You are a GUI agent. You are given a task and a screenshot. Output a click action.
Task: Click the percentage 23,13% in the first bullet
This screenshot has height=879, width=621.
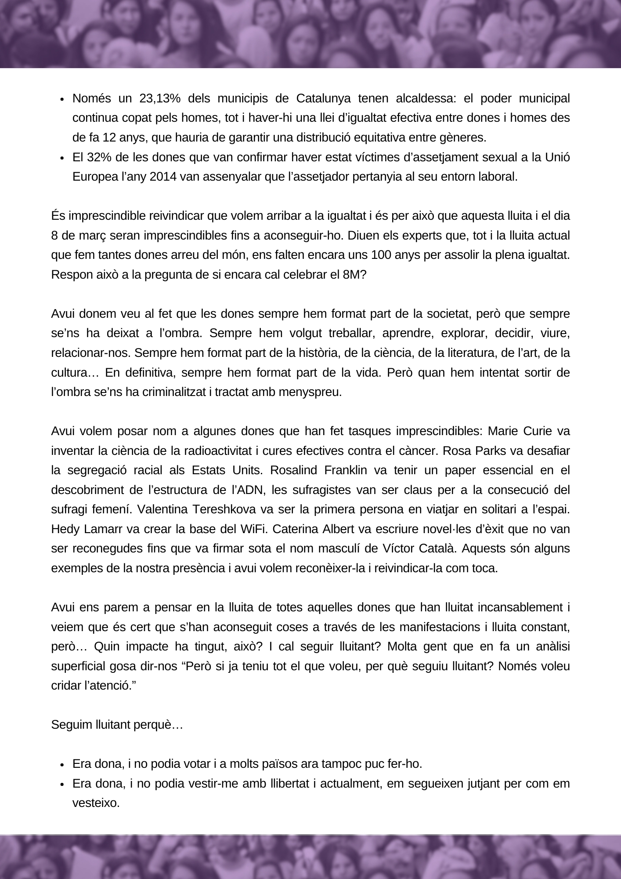tap(160, 98)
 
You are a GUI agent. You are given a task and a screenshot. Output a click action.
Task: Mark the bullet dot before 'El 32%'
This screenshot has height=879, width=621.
tap(62, 158)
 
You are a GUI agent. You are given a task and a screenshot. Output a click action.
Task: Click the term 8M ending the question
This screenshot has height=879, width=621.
tap(355, 275)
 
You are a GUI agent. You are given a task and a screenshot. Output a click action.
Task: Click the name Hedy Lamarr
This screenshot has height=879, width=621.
tap(87, 529)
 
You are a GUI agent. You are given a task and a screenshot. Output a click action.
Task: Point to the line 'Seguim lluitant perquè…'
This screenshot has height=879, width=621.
tap(117, 725)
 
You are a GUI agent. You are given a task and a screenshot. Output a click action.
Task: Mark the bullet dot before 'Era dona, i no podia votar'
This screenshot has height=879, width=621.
tap(62, 764)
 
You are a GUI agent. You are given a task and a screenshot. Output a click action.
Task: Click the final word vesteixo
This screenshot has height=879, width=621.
tap(96, 803)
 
